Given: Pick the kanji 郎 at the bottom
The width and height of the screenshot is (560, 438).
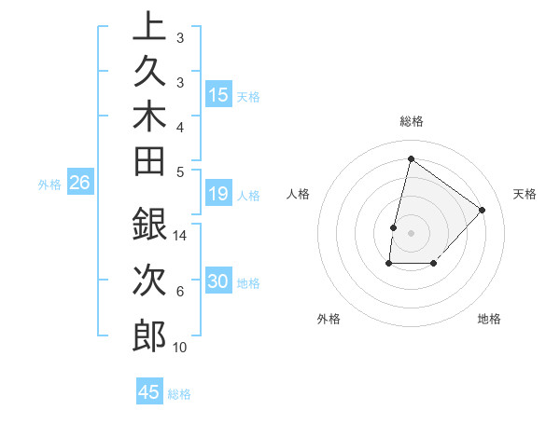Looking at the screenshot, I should click(x=149, y=335).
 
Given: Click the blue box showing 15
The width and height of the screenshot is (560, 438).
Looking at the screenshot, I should click(x=218, y=95).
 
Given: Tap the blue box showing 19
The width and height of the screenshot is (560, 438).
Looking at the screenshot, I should click(x=218, y=194).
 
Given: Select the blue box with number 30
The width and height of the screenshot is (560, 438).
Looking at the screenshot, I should click(x=218, y=282).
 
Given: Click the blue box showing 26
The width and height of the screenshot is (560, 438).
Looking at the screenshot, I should click(x=79, y=184).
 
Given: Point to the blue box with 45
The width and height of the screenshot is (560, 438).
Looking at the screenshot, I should click(x=149, y=392).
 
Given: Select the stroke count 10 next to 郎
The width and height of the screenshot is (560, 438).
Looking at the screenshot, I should click(x=180, y=348).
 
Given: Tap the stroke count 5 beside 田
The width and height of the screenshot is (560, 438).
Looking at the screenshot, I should click(x=180, y=171).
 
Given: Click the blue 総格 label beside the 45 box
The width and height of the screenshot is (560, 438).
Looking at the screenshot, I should click(x=179, y=394).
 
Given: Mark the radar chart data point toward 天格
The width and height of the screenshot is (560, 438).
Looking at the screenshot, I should click(x=483, y=210).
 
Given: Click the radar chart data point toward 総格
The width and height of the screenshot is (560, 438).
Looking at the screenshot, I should click(x=410, y=159).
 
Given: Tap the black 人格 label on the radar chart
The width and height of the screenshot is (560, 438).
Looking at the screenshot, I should click(x=298, y=194).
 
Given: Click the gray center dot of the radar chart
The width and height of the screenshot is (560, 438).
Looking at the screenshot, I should click(x=411, y=233).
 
